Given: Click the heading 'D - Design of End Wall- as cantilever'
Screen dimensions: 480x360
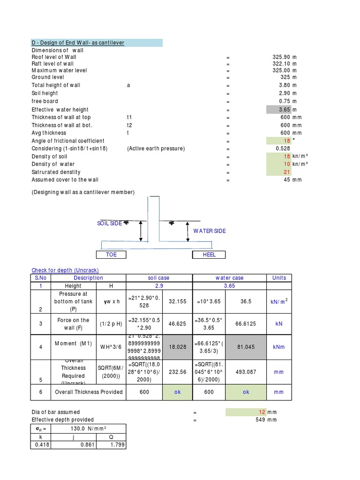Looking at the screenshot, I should click(78, 43).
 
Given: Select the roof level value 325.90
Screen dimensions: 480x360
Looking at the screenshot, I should click(281, 57).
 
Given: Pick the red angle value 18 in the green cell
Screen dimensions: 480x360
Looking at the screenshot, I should click(287, 141).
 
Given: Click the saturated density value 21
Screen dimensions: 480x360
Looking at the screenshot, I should click(287, 172).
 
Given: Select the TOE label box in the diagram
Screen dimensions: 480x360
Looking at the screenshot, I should click(112, 255).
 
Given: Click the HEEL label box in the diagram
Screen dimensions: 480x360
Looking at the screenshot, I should click(209, 255).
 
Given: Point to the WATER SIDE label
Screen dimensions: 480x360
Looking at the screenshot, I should click(210, 231).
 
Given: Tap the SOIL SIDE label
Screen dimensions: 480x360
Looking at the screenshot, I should click(110, 224).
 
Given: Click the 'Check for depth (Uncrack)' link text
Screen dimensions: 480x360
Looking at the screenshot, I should click(65, 270).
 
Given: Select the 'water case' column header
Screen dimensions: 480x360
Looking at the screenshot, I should click(229, 278).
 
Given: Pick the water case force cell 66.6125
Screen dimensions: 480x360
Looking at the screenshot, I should click(246, 324).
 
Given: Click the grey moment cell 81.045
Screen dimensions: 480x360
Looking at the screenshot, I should click(246, 347).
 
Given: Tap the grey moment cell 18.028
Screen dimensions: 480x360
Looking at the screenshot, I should click(177, 347).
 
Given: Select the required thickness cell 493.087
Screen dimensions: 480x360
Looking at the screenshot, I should click(246, 372).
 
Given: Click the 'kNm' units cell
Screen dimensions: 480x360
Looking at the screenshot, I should click(279, 347).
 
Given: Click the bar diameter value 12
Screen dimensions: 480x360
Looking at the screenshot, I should click(262, 412).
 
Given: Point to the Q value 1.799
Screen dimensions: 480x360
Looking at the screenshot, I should click(118, 445).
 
